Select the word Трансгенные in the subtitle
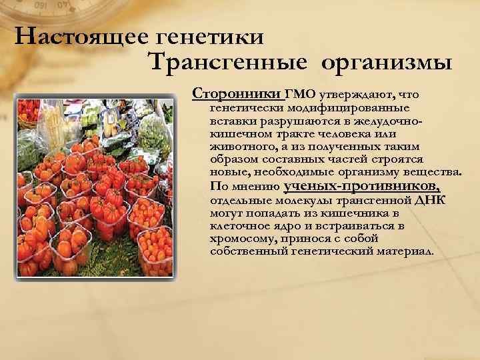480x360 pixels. click(x=226, y=64)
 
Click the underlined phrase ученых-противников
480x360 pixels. click(x=361, y=186)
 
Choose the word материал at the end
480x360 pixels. click(x=408, y=252)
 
